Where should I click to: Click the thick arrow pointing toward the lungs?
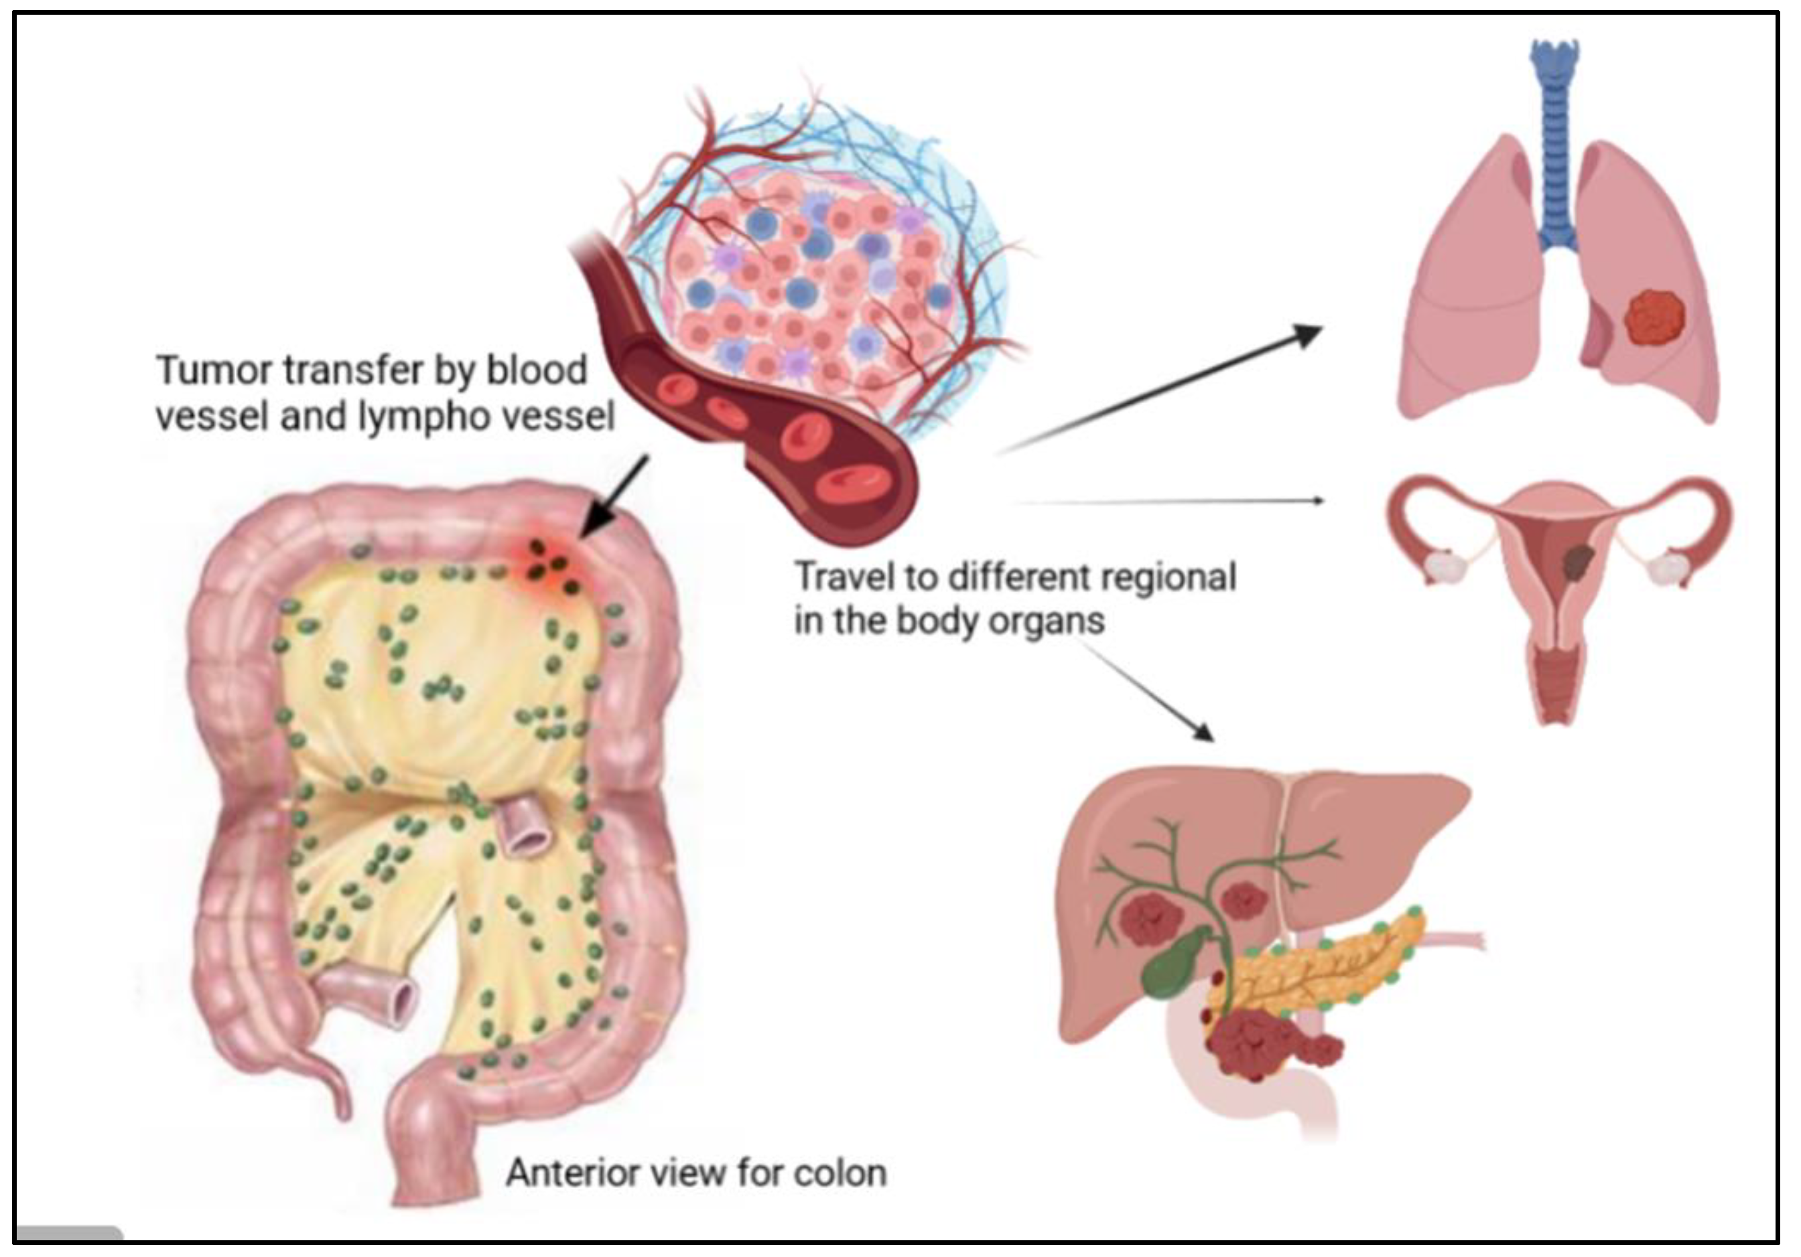point(1161,388)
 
